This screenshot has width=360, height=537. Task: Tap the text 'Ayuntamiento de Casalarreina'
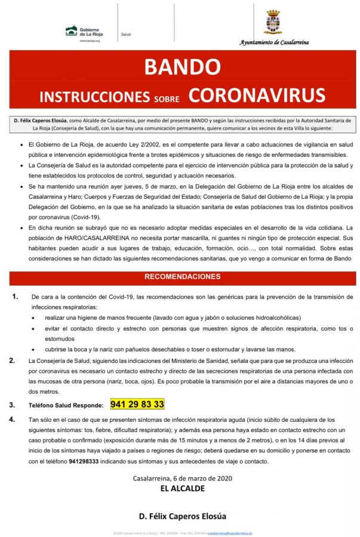tap(274, 43)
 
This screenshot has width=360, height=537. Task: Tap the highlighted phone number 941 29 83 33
tap(137, 405)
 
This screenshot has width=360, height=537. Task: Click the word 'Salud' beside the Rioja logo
tap(126, 35)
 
